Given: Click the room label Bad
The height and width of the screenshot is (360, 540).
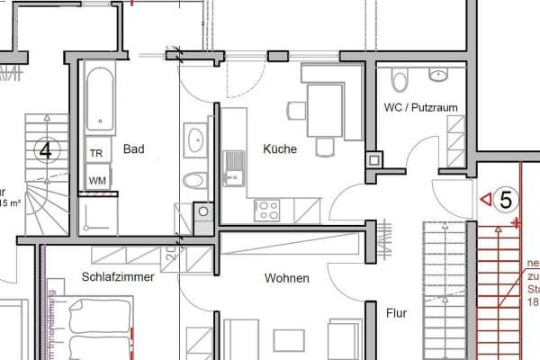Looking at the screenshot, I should (134, 149).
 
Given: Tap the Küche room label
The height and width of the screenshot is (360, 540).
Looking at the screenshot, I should (280, 149).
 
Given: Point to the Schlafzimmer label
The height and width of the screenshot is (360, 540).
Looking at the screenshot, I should (118, 277).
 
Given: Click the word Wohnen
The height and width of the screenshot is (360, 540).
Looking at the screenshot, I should (287, 279).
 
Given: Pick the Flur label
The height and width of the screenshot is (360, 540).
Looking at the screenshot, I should (396, 314).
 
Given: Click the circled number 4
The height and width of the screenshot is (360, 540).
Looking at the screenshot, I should (46, 149).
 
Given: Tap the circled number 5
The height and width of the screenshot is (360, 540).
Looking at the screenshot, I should (506, 200).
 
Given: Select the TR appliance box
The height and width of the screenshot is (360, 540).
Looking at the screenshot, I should (95, 154).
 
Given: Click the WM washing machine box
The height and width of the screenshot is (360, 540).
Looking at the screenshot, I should (95, 180).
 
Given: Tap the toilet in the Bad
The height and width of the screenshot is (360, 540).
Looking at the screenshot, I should (193, 181).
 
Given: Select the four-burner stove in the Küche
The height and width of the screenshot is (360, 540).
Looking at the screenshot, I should (268, 210).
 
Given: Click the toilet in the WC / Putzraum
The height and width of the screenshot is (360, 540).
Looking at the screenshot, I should (401, 81).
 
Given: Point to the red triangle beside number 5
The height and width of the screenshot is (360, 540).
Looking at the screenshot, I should (485, 198).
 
